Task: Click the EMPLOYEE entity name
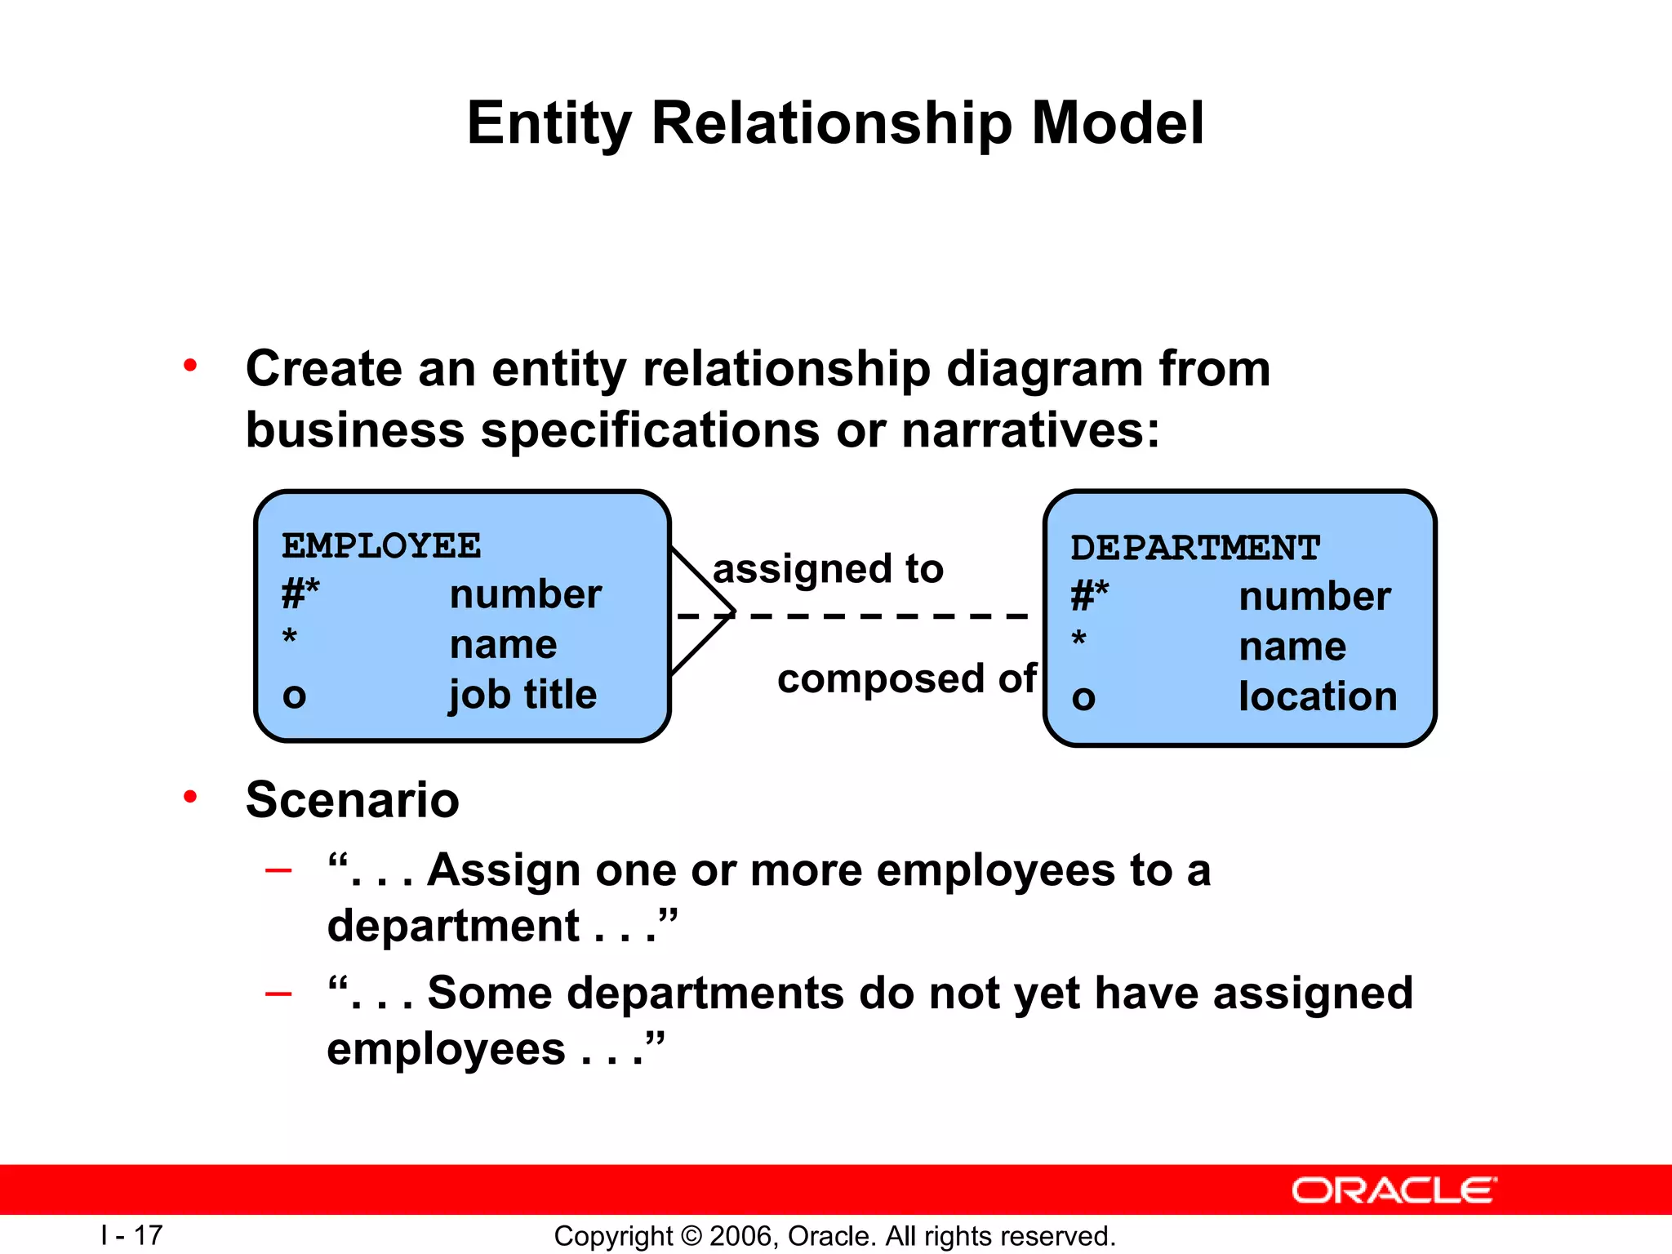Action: (x=381, y=545)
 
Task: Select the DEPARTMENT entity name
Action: (x=1195, y=548)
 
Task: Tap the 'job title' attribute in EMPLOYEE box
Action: (x=522, y=695)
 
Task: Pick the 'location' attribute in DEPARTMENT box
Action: (x=1318, y=696)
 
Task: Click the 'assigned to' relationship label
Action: (x=828, y=568)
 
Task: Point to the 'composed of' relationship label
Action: (x=906, y=679)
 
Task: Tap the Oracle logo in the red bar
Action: (x=1394, y=1190)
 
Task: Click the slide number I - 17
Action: (x=131, y=1235)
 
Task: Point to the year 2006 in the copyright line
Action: (x=736, y=1236)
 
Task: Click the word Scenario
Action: (x=352, y=799)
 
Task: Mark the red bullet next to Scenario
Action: (x=190, y=796)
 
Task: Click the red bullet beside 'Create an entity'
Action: (x=190, y=365)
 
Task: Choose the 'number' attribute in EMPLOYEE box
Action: (x=525, y=594)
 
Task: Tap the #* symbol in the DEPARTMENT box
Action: (x=1089, y=595)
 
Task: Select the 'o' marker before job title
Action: (x=294, y=696)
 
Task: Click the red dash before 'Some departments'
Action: (x=278, y=994)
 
